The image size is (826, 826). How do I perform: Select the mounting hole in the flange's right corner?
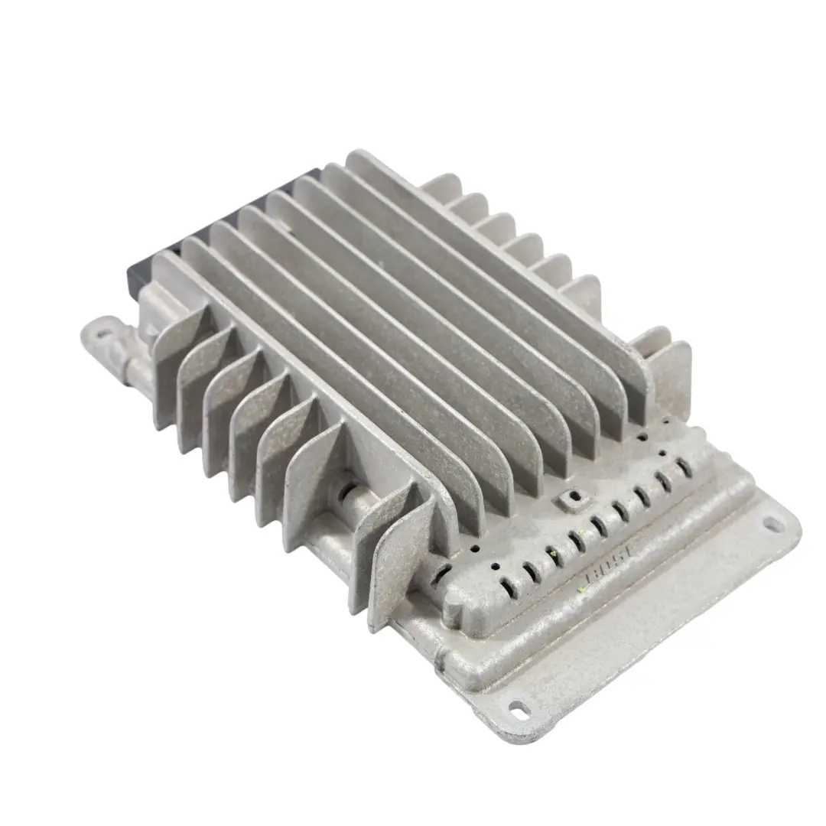point(772,524)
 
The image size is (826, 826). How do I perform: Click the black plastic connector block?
point(145,268)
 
